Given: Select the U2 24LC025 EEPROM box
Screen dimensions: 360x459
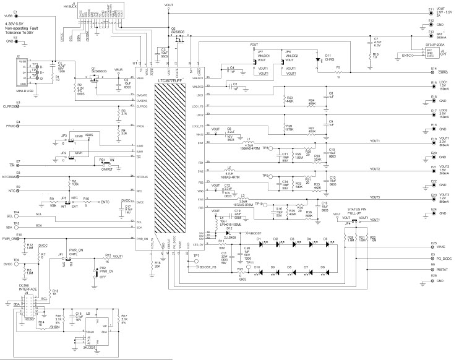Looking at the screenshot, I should tap(97, 327).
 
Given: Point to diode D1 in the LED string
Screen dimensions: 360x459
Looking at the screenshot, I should tap(260, 243).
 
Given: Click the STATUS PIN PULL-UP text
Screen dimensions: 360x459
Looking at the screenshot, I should tap(361, 212).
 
